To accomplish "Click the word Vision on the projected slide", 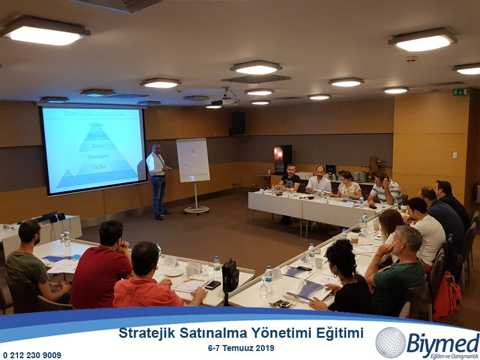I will click(x=96, y=125).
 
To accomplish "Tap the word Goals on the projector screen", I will click(x=97, y=146).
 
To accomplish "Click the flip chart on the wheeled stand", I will click(x=193, y=160).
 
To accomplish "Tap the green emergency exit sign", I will click(x=460, y=92).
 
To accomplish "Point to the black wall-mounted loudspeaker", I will click(x=238, y=123).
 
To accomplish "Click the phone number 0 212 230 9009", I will click(x=32, y=355).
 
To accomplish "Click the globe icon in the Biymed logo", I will click(x=391, y=343).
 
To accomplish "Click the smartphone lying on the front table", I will click(x=212, y=284).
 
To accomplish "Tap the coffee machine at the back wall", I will click(x=283, y=158).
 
